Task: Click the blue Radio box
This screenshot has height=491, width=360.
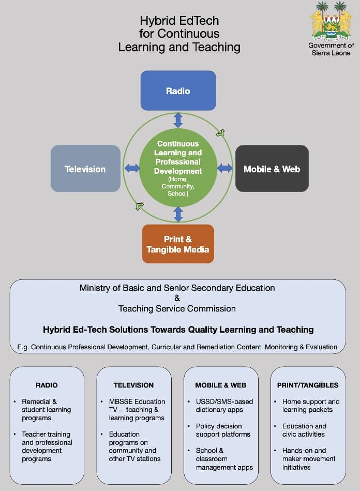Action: pos(178,91)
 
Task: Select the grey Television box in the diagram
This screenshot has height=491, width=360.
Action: pos(85,169)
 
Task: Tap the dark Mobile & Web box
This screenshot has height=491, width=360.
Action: pos(272,169)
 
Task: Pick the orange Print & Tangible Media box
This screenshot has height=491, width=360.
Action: pos(178,244)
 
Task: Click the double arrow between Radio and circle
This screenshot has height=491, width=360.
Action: pos(178,120)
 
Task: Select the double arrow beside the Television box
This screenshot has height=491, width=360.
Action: pos(132,168)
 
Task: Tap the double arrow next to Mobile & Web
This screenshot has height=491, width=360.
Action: pos(224,168)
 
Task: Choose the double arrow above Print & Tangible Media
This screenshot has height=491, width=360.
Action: pos(178,214)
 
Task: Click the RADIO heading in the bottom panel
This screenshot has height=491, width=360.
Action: pos(47,385)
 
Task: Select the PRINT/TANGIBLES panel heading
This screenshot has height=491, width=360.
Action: pos(308,385)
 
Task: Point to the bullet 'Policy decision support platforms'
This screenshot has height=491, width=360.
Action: pos(219,430)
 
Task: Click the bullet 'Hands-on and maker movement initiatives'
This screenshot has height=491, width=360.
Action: pos(309,458)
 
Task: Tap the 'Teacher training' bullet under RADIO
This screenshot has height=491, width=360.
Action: pos(47,446)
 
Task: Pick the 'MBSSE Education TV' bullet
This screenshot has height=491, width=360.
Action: pos(137,409)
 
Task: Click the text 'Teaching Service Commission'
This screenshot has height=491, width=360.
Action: pos(177,308)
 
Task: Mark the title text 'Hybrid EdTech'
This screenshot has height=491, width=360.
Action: pos(179,21)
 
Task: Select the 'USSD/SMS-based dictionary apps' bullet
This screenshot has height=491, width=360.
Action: pos(219,406)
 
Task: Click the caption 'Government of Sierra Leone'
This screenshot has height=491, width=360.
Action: pos(331,49)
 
